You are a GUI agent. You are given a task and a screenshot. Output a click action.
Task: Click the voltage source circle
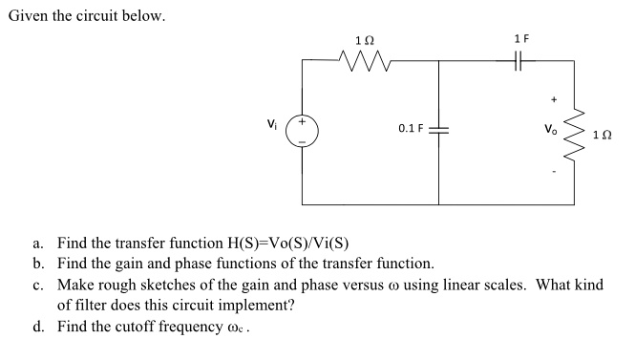302,131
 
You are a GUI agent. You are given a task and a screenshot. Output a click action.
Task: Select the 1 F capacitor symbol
520,61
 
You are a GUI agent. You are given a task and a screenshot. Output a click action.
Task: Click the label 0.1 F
411,128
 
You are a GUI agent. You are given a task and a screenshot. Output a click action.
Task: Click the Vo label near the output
548,127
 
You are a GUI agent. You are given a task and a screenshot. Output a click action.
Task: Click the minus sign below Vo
551,173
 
